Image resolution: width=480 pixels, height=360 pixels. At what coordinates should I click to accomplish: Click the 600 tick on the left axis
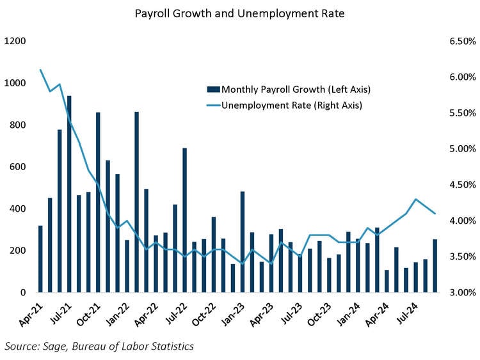[x=17, y=167]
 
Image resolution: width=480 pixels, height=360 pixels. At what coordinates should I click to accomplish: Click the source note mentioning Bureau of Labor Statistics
[x=99, y=346]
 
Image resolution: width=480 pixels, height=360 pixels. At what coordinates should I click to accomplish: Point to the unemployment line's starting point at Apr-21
[x=40, y=70]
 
